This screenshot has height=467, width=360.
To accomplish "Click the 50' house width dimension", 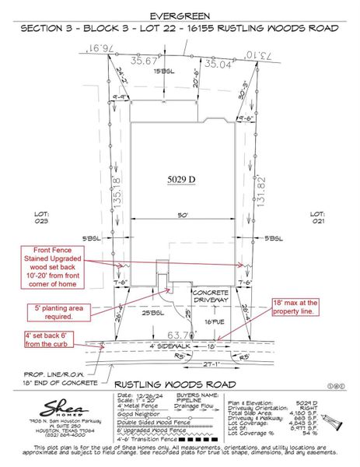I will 183,214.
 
